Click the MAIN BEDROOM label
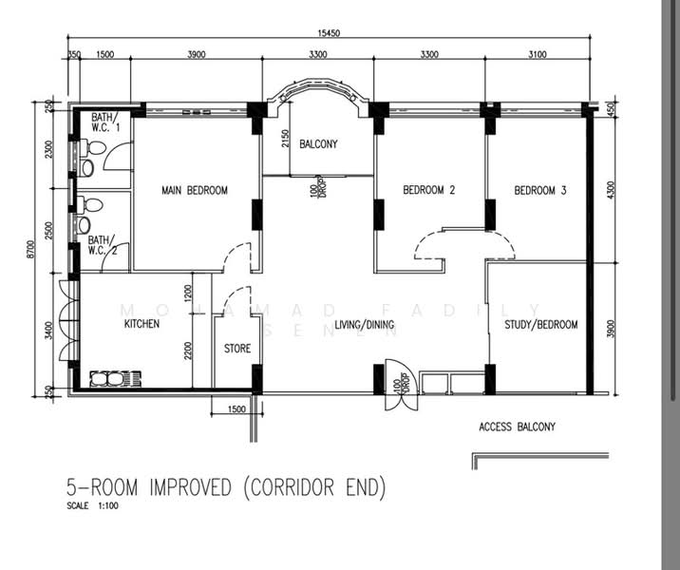(x=195, y=190)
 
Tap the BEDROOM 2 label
(x=428, y=190)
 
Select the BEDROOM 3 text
(x=540, y=190)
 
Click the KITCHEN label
(x=142, y=324)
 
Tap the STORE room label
(x=237, y=349)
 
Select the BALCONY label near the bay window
(x=318, y=144)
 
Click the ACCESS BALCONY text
(x=517, y=427)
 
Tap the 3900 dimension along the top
(x=196, y=54)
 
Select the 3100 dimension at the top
(x=538, y=54)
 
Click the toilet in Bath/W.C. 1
(x=91, y=149)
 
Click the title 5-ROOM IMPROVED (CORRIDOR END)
(x=226, y=487)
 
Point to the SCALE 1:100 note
(x=92, y=505)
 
